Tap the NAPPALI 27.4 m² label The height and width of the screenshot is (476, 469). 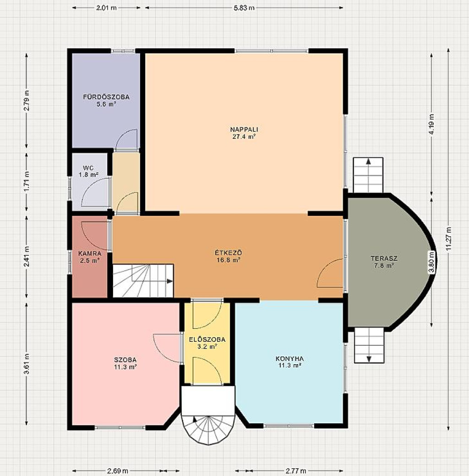click(244, 133)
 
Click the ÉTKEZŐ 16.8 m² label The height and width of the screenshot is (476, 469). click(228, 256)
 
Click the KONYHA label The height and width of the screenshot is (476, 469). click(289, 359)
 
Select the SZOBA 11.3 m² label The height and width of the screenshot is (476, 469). click(125, 363)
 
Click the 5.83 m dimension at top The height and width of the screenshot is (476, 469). click(244, 8)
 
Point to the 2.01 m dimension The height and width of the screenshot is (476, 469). click(106, 8)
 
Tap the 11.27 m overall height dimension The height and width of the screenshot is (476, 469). click(449, 239)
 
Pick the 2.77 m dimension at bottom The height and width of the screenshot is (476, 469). click(295, 471)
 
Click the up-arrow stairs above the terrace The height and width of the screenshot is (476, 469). click(368, 175)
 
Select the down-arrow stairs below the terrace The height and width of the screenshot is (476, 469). click(369, 345)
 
